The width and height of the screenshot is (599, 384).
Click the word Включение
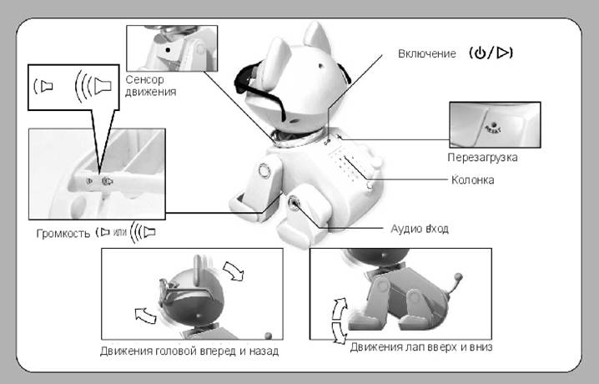click(x=426, y=53)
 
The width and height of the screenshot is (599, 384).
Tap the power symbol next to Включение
click(x=480, y=53)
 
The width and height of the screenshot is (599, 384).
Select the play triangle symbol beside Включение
click(x=503, y=53)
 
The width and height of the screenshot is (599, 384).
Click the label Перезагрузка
click(x=482, y=158)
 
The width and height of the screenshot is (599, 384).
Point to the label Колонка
click(x=472, y=179)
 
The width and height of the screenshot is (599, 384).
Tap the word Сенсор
click(x=145, y=79)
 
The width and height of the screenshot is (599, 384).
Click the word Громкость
click(x=63, y=233)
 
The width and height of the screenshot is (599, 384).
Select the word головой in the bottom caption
click(x=176, y=351)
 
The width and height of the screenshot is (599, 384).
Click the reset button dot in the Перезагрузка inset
click(x=494, y=124)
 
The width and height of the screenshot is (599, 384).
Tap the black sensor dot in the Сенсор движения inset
click(x=168, y=50)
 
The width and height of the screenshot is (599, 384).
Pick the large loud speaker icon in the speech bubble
click(x=93, y=86)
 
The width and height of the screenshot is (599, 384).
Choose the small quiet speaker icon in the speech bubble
click(x=43, y=86)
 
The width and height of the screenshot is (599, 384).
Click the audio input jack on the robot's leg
click(x=294, y=202)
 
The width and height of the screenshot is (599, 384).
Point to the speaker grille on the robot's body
click(x=345, y=165)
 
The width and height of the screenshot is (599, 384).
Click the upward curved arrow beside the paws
click(x=340, y=309)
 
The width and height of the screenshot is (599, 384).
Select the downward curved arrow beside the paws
click(x=339, y=332)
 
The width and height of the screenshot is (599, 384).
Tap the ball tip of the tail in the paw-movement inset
click(x=458, y=276)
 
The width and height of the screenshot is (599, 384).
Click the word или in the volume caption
click(x=119, y=232)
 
